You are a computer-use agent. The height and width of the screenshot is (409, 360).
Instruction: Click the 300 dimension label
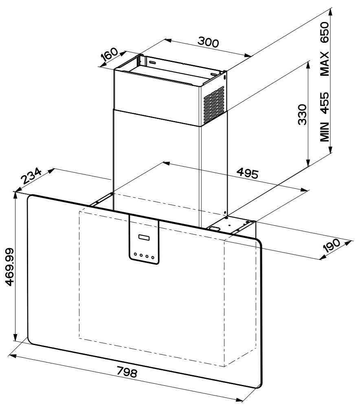pyautogui.click(x=209, y=42)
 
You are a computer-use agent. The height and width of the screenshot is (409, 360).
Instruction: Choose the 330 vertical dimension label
pyautogui.click(x=302, y=115)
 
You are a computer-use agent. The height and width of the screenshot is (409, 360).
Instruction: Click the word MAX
pyautogui.click(x=325, y=64)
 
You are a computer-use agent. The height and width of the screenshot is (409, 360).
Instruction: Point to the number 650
pyautogui.click(x=325, y=32)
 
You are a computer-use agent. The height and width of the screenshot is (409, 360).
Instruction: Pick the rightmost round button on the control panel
pyautogui.click(x=153, y=257)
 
